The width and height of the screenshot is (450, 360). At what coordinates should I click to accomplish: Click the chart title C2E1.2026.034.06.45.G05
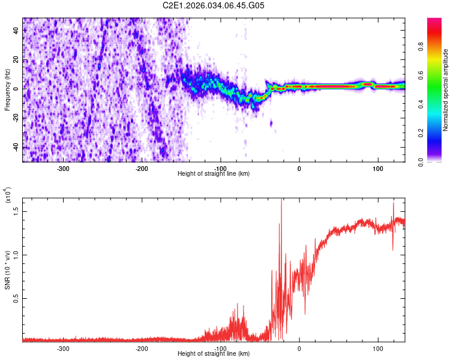point(214,5)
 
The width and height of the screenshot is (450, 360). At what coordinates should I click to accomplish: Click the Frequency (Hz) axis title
point(8,91)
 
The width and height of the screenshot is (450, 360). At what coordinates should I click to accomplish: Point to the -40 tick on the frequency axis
point(16,147)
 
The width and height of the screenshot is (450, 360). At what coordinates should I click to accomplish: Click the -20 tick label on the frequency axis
point(16,118)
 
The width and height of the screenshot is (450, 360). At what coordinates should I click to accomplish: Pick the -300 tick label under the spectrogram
point(63,168)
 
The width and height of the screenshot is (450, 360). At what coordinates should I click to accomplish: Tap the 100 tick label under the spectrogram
point(378,168)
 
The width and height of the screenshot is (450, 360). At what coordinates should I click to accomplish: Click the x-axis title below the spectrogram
point(214,174)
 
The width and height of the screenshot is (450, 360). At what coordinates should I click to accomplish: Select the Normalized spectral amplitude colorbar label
point(446,91)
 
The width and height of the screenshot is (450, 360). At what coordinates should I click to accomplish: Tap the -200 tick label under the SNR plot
point(142,348)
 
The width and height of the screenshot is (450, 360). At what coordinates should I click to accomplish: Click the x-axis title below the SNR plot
point(214,354)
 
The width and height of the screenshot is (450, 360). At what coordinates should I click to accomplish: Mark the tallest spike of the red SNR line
point(281,200)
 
